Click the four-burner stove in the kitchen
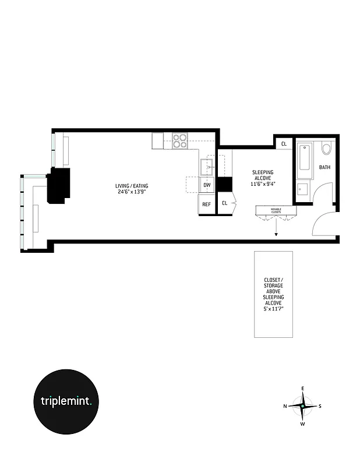click(x=180, y=140)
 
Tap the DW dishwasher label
click(x=206, y=186)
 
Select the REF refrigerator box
click(x=206, y=204)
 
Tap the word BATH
click(x=324, y=168)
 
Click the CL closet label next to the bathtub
click(x=284, y=144)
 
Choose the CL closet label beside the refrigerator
click(x=225, y=203)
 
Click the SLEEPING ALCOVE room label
click(x=263, y=175)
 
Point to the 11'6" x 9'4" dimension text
click(x=263, y=184)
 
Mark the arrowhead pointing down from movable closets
click(x=276, y=235)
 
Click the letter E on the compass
click(x=302, y=388)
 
